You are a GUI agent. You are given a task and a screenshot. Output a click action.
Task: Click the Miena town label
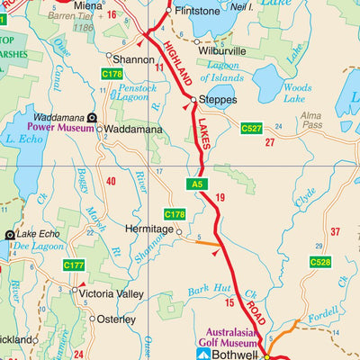(x=87, y=5)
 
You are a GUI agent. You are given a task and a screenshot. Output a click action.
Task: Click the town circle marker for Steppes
(x=193, y=100)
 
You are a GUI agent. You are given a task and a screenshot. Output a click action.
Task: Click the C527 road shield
(x=252, y=130)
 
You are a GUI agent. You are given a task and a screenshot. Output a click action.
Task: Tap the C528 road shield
(x=320, y=262)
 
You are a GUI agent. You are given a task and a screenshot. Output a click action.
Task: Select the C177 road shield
(x=73, y=265)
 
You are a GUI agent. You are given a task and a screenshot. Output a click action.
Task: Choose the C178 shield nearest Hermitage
(x=175, y=214)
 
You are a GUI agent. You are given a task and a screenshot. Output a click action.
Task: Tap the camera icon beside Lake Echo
(x=10, y=234)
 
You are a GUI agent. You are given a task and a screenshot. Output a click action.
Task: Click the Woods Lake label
(x=296, y=93)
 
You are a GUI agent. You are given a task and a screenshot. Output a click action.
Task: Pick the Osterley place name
(x=115, y=319)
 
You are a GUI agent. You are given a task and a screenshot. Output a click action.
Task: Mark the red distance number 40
(x=111, y=182)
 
